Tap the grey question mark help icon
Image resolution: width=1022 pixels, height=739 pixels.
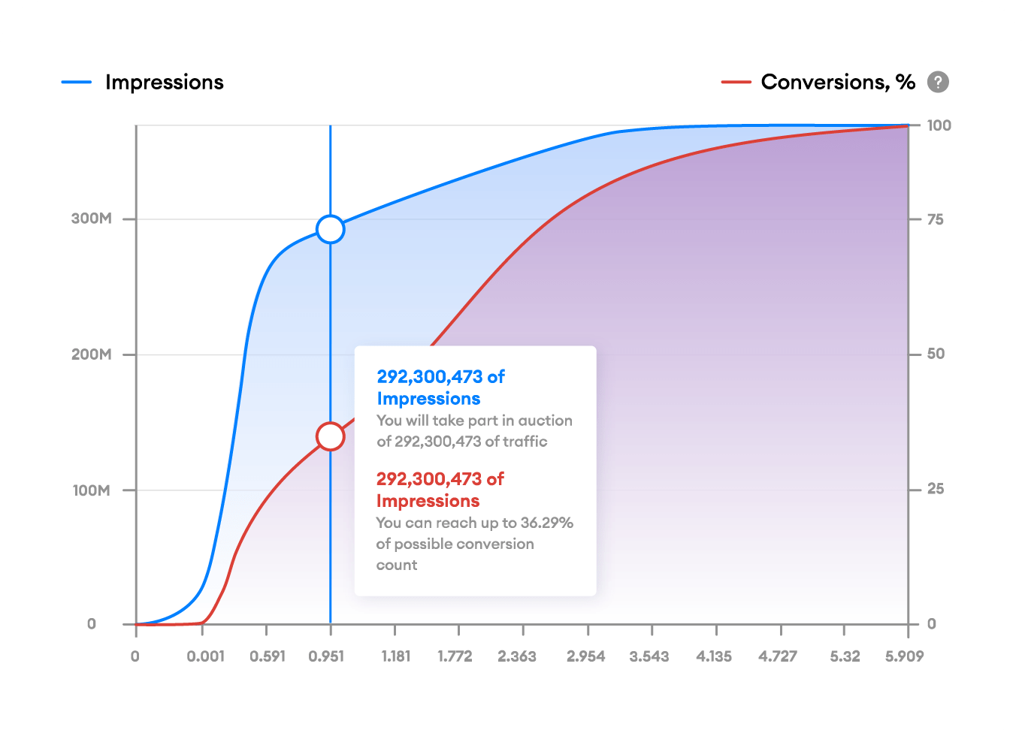938,82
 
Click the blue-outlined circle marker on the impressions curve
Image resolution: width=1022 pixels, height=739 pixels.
330,229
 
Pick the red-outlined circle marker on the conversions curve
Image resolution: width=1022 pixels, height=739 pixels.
330,436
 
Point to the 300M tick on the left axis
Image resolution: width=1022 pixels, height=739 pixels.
92,219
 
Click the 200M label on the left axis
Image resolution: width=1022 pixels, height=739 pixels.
92,354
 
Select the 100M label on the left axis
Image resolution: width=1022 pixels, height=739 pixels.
92,490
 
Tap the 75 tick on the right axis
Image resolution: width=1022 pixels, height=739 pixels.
936,219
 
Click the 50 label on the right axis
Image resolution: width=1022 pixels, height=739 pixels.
936,354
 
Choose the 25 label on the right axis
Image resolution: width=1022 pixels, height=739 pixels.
936,489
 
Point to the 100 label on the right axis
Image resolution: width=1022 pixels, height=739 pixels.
939,125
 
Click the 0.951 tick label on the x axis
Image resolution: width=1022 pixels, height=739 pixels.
326,656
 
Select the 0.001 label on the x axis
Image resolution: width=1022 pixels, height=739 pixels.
206,656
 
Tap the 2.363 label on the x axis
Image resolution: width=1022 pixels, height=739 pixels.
517,656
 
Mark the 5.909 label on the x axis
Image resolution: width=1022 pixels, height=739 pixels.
904,656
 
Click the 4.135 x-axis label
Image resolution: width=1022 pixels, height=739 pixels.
714,656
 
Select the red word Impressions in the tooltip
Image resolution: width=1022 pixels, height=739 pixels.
428,501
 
